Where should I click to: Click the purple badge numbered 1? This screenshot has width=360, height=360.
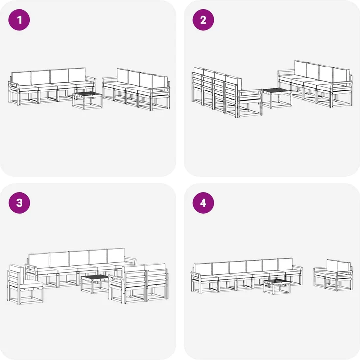coord(20,20)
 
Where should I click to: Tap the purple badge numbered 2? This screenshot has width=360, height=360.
coord(203,20)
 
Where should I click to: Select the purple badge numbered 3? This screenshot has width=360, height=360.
coord(20,203)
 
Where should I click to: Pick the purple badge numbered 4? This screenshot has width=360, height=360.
coord(203,203)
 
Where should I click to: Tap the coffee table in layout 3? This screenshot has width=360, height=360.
coord(94,283)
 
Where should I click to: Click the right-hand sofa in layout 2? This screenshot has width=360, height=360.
coord(315,83)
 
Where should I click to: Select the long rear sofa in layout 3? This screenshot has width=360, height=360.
coord(76,267)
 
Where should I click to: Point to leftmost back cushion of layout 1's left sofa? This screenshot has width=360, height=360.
coord(21,78)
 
